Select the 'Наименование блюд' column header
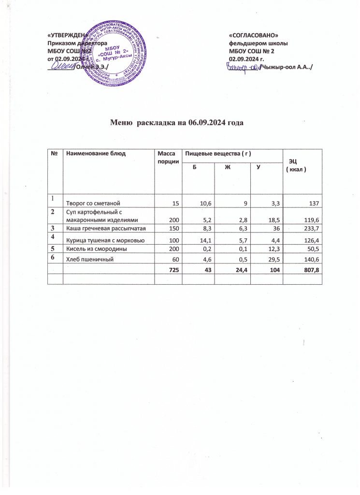[96, 153]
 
